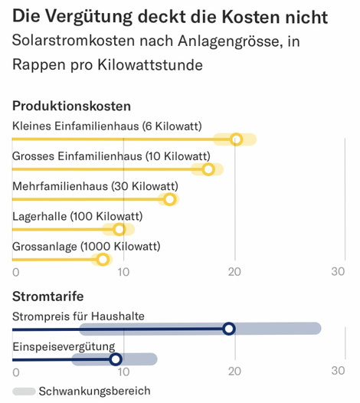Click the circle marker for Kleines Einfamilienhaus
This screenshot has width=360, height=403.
237,139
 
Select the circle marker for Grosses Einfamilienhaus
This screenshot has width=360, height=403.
208,169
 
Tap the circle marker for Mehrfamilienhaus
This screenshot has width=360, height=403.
169,199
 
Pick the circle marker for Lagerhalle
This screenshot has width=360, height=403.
119,229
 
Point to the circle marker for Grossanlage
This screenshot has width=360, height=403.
103,259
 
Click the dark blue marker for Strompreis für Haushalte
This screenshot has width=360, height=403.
229,329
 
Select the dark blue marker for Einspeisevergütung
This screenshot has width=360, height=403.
116,359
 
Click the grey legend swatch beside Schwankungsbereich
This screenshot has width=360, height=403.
24,392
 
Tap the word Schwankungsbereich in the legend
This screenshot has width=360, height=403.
94,392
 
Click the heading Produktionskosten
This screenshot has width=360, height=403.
72,106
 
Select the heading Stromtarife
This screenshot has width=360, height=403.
48,297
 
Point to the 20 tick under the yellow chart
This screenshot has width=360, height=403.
234,272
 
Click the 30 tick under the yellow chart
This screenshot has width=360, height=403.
338,271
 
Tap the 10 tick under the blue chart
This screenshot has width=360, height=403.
123,372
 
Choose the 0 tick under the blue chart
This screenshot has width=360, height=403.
16,372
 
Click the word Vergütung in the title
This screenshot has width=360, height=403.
89,17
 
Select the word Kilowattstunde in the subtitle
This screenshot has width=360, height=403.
150,65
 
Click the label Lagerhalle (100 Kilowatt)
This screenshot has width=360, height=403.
77,216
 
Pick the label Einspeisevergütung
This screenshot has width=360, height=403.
64,347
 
